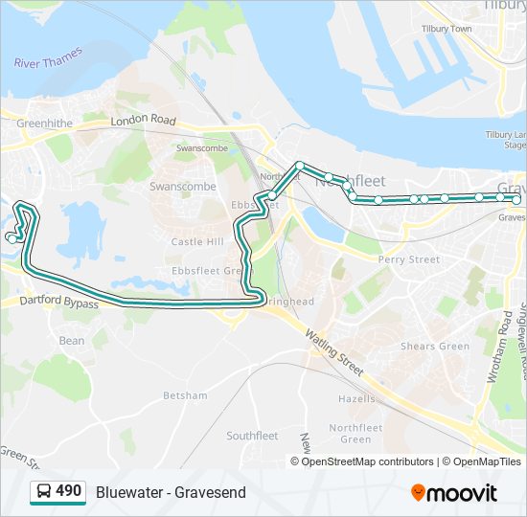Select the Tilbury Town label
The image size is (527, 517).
tap(447, 30)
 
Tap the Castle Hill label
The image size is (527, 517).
tap(197, 242)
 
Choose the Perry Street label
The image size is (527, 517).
tap(409, 259)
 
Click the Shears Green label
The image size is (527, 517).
tap(435, 346)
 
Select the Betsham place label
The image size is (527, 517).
tap(185, 395)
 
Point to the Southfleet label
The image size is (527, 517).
tap(252, 436)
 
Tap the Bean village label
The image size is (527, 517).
tap(72, 341)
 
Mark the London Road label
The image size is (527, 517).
tap(144, 122)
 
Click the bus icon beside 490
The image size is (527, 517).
tap(43, 492)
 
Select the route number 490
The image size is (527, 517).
tap(68, 491)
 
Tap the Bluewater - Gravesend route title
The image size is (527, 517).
tap(171, 492)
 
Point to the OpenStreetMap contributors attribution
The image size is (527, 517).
tap(367, 461)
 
